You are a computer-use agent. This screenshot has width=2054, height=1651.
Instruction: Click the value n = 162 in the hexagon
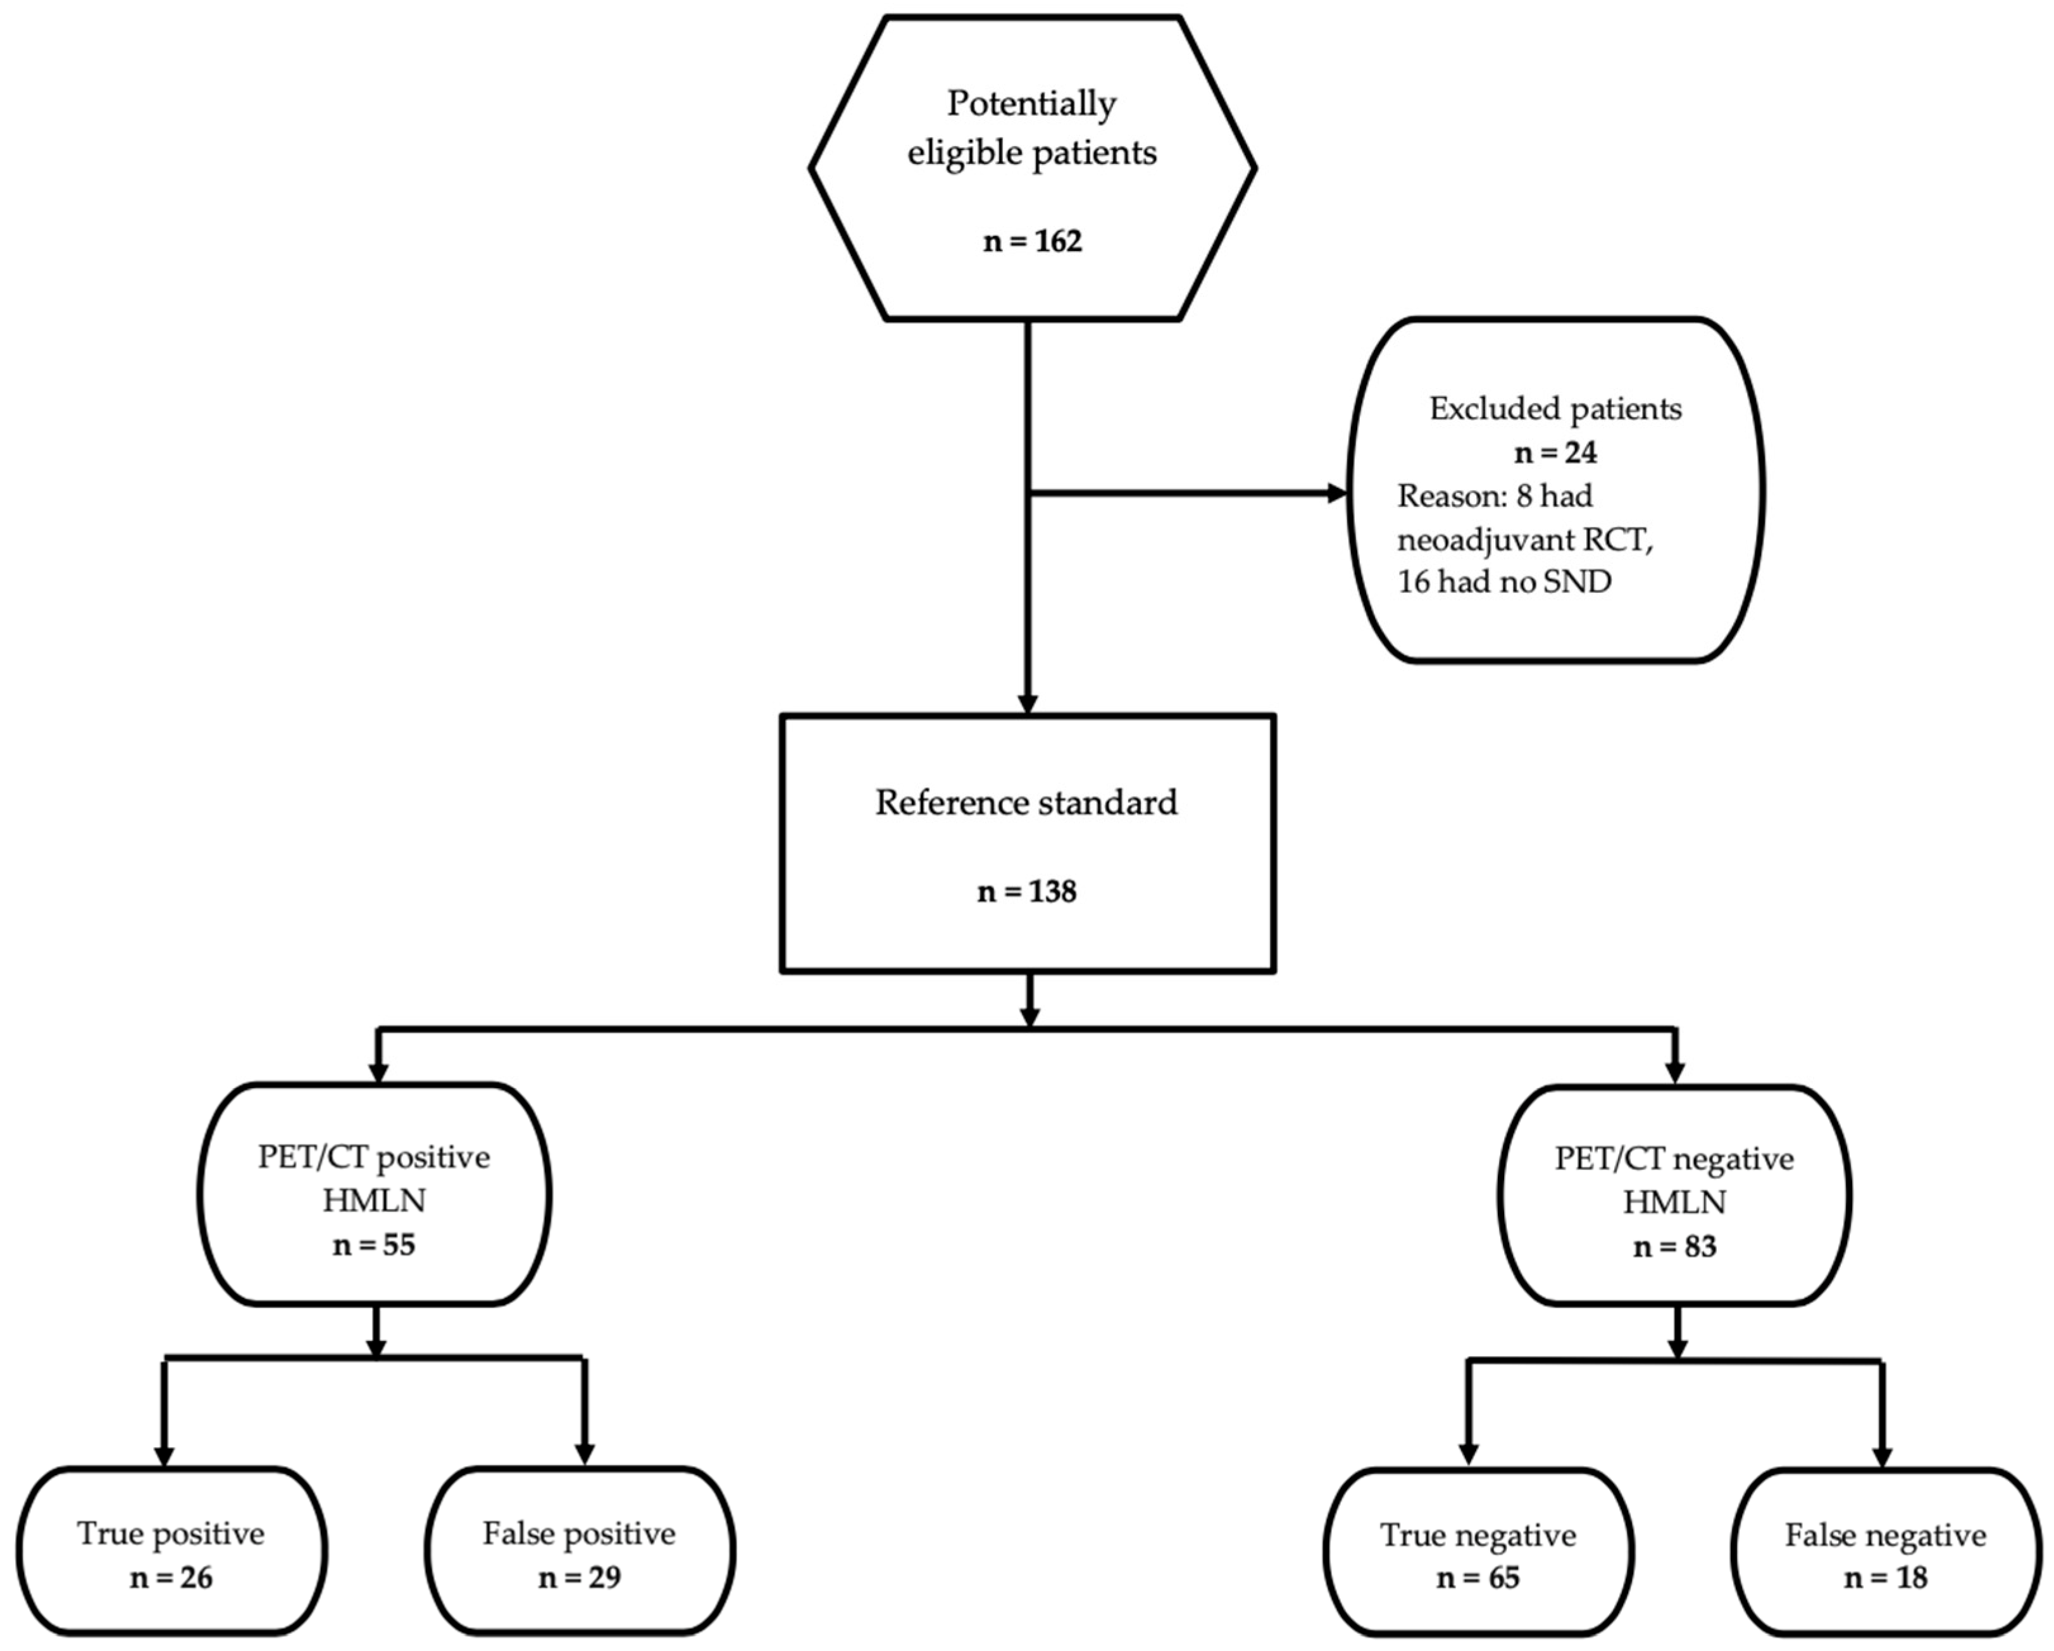coord(1032,241)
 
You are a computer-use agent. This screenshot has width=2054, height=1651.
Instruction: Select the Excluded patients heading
coord(1555,409)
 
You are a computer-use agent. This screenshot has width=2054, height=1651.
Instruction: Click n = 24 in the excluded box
coord(1555,452)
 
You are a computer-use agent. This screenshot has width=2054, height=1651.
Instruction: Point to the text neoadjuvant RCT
coord(1524,540)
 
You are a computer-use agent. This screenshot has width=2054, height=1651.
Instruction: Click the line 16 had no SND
coord(1504,581)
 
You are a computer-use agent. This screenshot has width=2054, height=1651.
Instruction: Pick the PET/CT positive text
coord(373,1157)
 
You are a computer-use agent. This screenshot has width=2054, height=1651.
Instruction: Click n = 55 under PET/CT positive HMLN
coord(373,1245)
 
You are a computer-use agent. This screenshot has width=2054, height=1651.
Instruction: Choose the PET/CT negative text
coord(1674,1159)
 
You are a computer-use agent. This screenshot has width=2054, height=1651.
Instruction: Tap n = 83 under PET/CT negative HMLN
coord(1674,1247)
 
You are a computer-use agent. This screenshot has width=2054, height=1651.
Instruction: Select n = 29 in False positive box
coord(579,1578)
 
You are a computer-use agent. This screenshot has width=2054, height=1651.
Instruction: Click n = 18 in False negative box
coord(1886,1579)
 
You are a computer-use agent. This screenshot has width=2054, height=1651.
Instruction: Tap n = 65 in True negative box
coord(1478,1579)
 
